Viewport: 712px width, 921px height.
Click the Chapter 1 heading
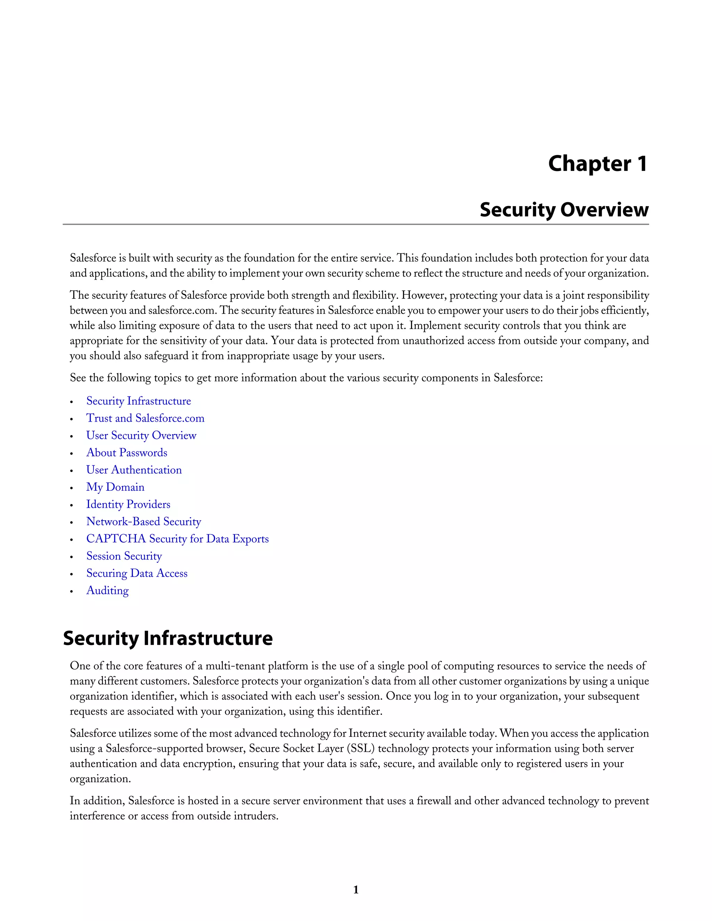coord(597,164)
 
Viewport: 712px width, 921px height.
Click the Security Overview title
coord(564,210)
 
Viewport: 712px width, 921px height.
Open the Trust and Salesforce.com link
coord(145,418)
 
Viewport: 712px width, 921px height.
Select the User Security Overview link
coord(141,435)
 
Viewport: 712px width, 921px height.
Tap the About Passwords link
coord(127,453)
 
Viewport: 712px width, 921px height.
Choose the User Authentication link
coord(134,470)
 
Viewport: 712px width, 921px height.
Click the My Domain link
coord(115,488)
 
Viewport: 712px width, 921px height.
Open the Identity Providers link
coord(128,505)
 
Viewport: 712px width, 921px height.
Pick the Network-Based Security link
coord(144,522)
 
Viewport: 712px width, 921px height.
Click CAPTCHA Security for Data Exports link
coord(177,539)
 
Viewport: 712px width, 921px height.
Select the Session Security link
coord(124,557)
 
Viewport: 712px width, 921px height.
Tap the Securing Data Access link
coord(137,574)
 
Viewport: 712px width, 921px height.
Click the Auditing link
coord(107,591)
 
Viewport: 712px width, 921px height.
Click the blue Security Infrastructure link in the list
coord(138,401)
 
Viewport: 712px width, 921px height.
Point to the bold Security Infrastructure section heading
coord(168,638)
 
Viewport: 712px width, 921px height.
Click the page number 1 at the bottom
coord(356,890)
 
